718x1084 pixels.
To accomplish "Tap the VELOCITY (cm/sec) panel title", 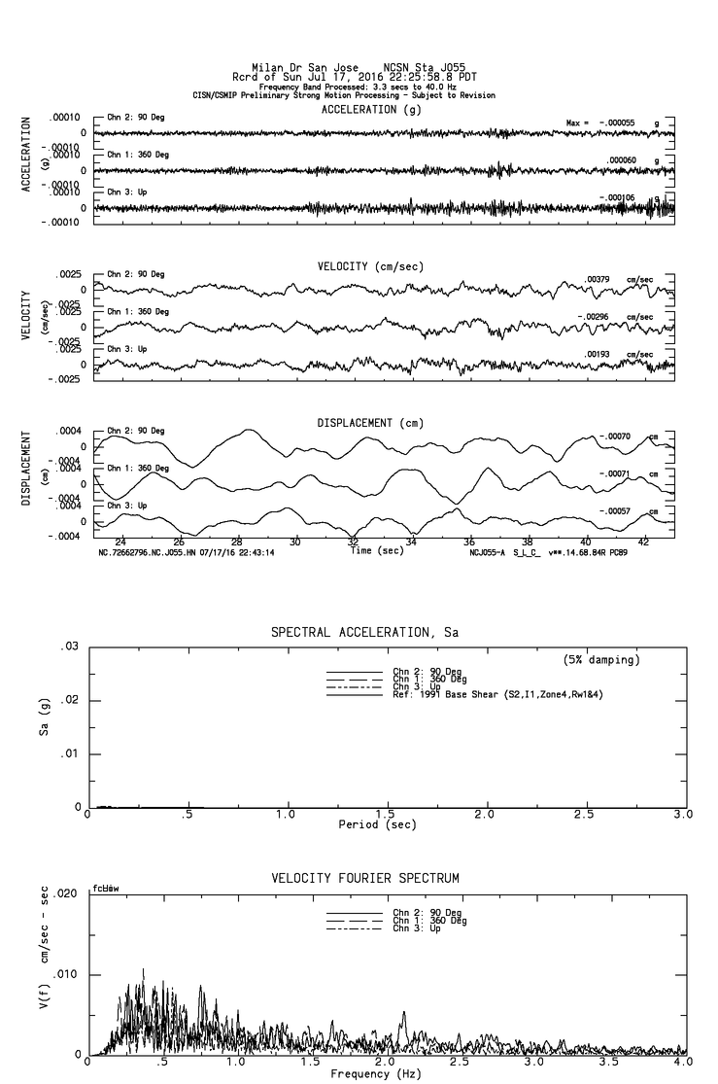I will [x=370, y=266].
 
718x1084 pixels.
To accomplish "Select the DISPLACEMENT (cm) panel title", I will [x=370, y=423].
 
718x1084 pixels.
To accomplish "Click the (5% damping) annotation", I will [x=601, y=660].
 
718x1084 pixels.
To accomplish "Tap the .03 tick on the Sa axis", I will [x=69, y=647].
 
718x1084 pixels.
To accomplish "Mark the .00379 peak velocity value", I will [x=598, y=280].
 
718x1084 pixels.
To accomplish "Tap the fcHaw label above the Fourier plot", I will [x=104, y=889].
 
